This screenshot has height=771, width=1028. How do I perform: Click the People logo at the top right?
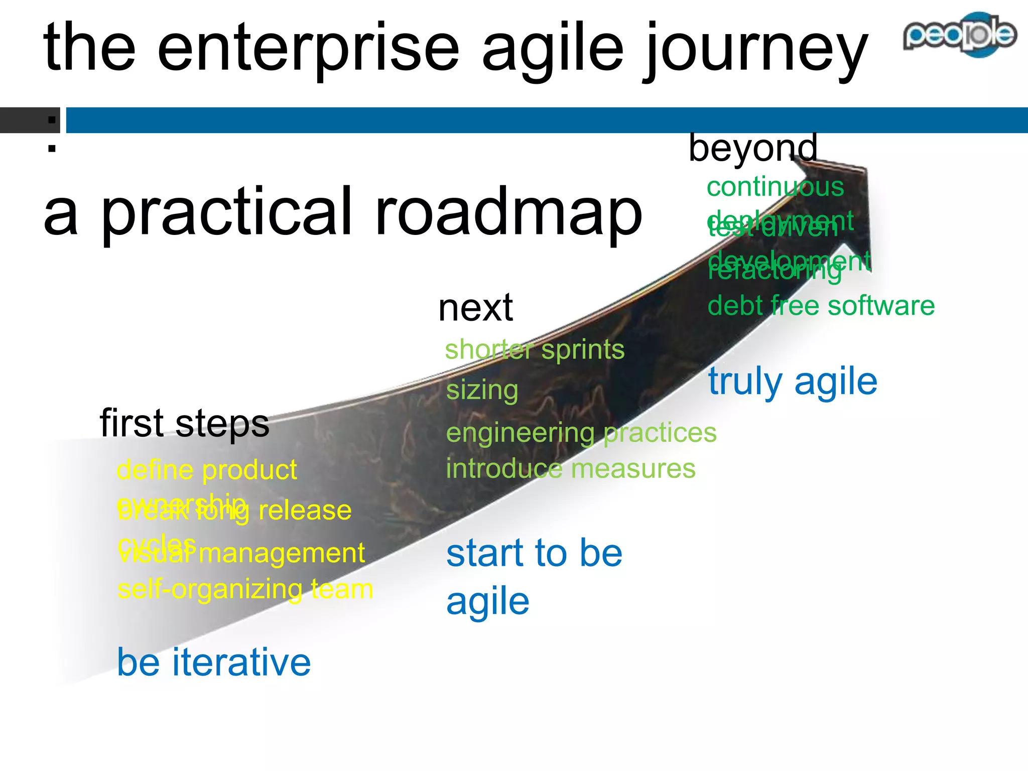(x=959, y=34)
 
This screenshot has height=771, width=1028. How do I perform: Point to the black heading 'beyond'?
(x=752, y=148)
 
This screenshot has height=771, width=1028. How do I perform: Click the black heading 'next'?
(x=475, y=308)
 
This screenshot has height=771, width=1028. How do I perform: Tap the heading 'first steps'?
(x=184, y=423)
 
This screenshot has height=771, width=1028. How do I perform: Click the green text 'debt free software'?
(x=821, y=306)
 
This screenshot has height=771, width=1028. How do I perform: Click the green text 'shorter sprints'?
(x=535, y=349)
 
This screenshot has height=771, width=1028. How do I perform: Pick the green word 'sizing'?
(x=482, y=391)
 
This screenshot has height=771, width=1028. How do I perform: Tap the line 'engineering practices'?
(x=581, y=433)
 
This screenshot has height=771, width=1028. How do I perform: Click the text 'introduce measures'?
(x=570, y=469)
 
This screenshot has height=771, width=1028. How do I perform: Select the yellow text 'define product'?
(x=206, y=470)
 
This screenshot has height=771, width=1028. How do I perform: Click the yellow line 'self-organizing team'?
(x=245, y=589)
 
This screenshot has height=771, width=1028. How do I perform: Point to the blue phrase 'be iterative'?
(x=214, y=663)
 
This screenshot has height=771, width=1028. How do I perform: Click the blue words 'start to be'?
(x=534, y=553)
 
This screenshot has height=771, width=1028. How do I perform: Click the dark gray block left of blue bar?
(x=29, y=120)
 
